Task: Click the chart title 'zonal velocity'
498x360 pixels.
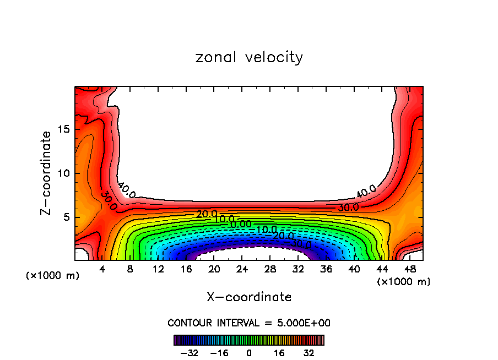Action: click(x=249, y=57)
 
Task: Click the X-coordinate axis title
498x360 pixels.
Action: click(x=249, y=297)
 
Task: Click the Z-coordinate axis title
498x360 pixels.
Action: click(x=47, y=173)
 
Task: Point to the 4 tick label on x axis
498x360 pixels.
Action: click(x=102, y=270)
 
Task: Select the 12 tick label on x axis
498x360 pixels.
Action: click(x=158, y=270)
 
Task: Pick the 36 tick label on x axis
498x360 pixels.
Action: click(x=326, y=270)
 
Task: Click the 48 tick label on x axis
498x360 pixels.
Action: click(x=409, y=270)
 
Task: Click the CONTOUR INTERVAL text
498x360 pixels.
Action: click(x=249, y=323)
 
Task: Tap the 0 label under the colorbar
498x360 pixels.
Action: click(x=249, y=353)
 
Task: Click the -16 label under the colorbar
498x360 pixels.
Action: click(x=219, y=353)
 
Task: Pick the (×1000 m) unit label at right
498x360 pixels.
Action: click(x=404, y=282)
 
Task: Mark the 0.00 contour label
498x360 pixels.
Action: click(x=241, y=224)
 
